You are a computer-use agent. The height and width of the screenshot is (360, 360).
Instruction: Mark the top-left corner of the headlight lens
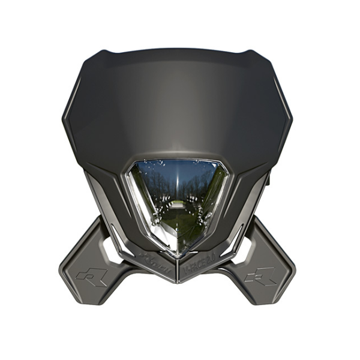[133, 165]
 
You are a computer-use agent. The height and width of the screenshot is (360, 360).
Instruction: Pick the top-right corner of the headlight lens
[223, 165]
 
